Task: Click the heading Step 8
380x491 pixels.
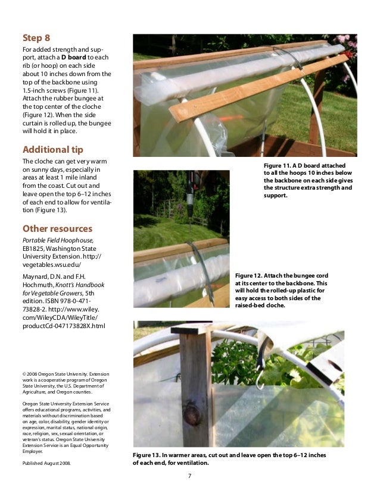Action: point(36,39)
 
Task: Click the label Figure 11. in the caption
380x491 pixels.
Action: point(279,165)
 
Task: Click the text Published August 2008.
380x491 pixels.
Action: point(46,462)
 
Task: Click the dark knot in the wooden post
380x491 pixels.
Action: point(192,414)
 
